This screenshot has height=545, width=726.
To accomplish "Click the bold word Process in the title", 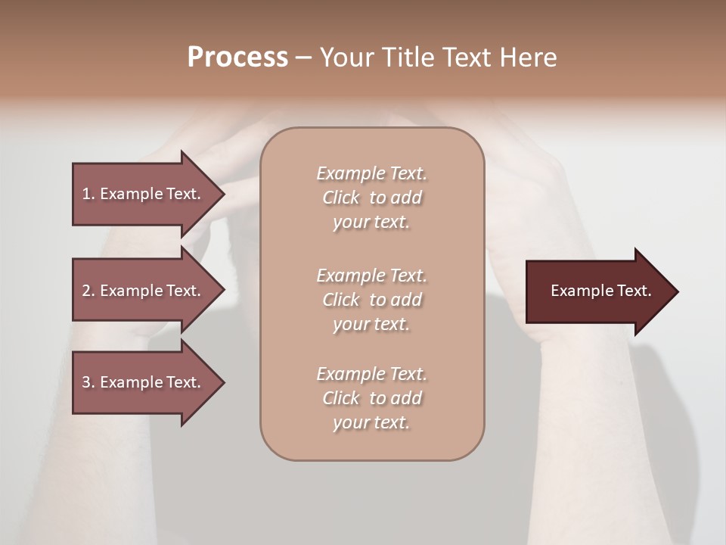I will (237, 58).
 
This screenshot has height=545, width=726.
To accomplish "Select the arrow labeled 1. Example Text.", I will (144, 194).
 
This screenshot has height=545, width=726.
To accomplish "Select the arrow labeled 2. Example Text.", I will (144, 291).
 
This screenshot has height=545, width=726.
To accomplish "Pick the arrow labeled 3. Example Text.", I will (144, 382).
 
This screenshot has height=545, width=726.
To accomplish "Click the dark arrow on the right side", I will (597, 291).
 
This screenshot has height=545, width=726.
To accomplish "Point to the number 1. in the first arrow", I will (88, 194).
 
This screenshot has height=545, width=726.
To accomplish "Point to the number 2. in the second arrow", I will (88, 291).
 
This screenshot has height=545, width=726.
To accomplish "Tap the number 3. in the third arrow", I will (88, 382).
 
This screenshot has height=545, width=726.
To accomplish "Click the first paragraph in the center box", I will (371, 198).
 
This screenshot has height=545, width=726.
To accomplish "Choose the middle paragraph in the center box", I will (371, 300).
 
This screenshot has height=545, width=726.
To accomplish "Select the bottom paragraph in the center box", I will (371, 398).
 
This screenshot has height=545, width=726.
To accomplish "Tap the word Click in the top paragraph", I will (341, 198).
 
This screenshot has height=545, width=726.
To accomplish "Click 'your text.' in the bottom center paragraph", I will (371, 422).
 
